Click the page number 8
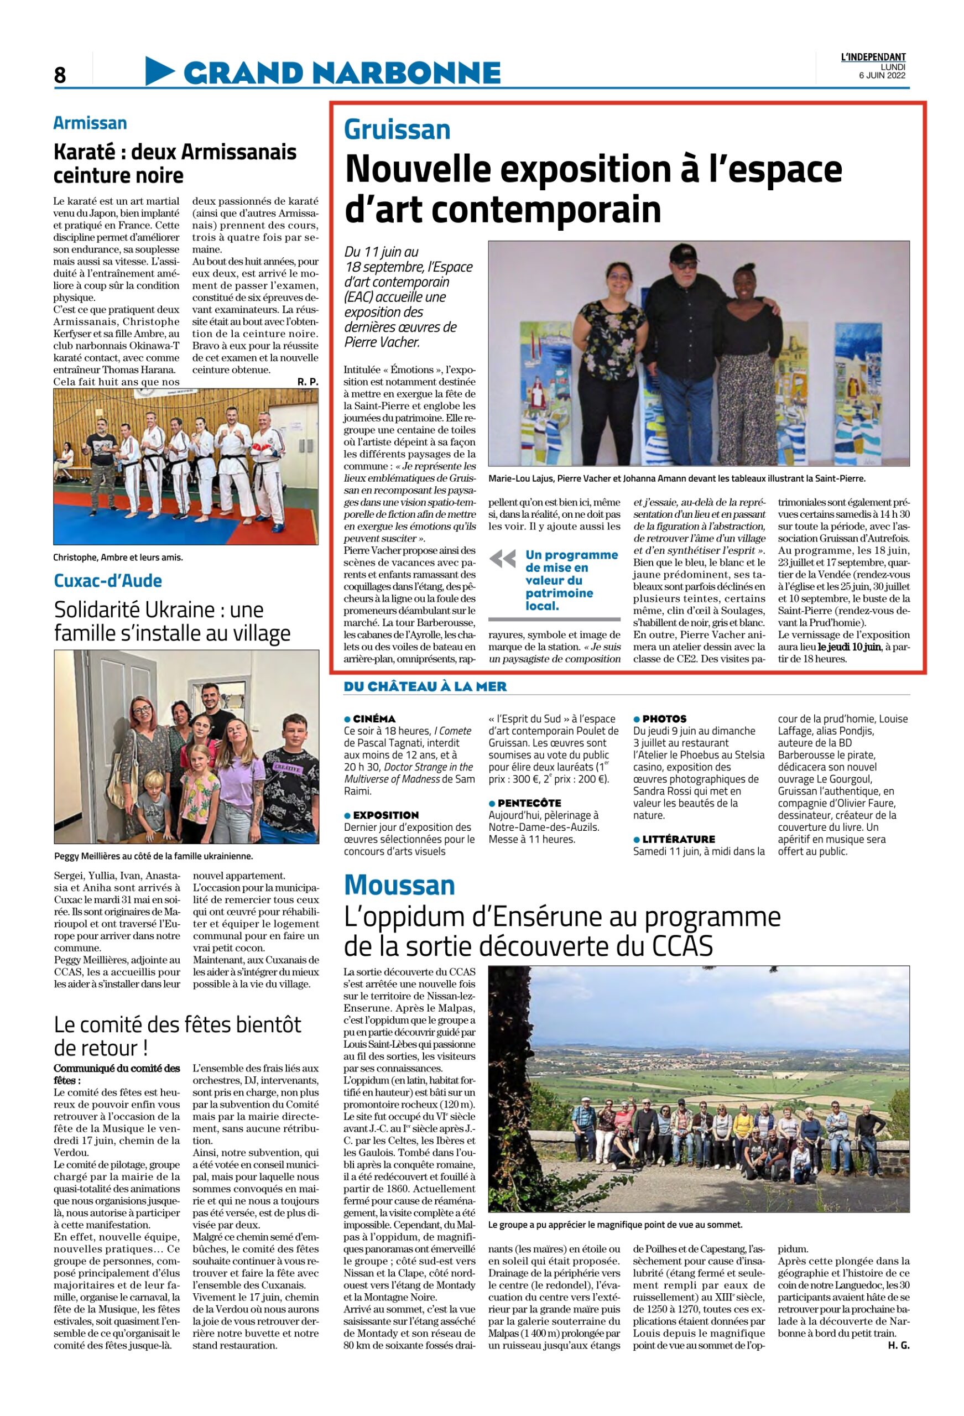[60, 74]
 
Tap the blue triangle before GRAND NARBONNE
[158, 71]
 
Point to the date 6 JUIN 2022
[881, 76]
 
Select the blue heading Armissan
[90, 123]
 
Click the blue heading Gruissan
[397, 130]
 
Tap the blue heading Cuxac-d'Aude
[108, 581]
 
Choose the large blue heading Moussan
[399, 886]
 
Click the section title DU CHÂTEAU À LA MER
[425, 686]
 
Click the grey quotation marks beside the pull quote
[502, 559]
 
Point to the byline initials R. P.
[308, 382]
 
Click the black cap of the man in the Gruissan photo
[685, 252]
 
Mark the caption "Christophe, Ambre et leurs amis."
[118, 558]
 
